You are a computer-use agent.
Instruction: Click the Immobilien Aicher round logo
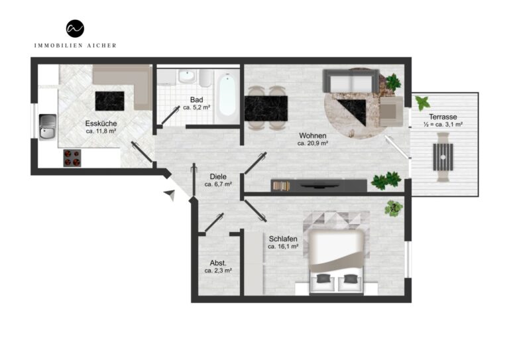tap(75, 29)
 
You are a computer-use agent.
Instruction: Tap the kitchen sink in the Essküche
tap(48, 127)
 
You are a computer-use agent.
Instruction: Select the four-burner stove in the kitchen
tap(72, 158)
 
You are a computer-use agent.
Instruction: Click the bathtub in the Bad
tap(227, 95)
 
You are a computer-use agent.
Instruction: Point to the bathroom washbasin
tap(187, 77)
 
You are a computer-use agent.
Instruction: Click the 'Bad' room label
tap(196, 99)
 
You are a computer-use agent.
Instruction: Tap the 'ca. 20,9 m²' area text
tap(313, 143)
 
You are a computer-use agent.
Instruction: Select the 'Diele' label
tap(218, 177)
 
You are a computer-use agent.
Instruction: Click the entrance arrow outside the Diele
tap(170, 194)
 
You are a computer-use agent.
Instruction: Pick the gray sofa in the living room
tap(351, 81)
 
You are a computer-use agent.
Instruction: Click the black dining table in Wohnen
tap(266, 109)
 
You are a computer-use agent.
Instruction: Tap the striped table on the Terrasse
tap(443, 157)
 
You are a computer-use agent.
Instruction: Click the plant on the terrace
tap(423, 103)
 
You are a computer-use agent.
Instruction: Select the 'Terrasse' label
tap(443, 117)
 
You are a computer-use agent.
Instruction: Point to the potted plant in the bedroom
tap(394, 208)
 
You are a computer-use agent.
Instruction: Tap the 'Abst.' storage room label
tap(218, 263)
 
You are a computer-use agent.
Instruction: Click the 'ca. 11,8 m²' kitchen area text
tap(101, 131)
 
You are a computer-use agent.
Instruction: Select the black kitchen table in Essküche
tap(110, 101)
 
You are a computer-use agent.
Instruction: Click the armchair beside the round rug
tap(392, 111)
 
